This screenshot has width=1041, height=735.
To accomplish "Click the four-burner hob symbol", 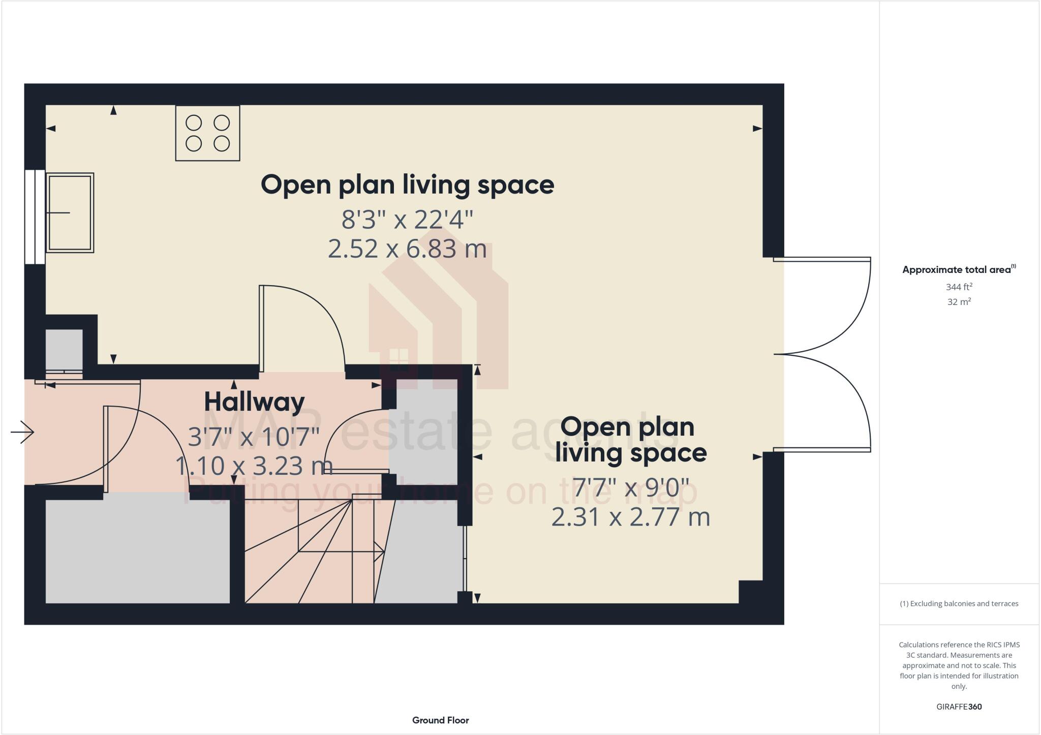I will pyautogui.click(x=207, y=133).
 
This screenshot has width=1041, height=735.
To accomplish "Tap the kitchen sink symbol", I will pyautogui.click(x=70, y=212).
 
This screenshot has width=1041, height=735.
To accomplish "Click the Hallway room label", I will pyautogui.click(x=254, y=402).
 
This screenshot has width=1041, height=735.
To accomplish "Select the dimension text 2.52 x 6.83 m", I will pyautogui.click(x=407, y=249).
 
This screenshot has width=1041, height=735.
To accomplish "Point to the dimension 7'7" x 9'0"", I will pyautogui.click(x=631, y=487).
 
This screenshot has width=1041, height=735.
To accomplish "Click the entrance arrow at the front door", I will pyautogui.click(x=22, y=432).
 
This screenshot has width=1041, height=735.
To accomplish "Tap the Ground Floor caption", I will pyautogui.click(x=440, y=720).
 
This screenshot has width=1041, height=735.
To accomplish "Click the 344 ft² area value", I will pyautogui.click(x=959, y=287).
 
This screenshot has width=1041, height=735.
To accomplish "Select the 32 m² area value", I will pyautogui.click(x=959, y=301).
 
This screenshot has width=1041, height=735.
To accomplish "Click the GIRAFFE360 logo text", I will pyautogui.click(x=959, y=707).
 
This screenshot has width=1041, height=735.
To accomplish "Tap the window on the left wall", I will pyautogui.click(x=35, y=217).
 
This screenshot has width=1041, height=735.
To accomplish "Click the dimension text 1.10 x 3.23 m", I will pyautogui.click(x=254, y=466).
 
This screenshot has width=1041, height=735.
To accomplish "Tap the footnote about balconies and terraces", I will pyautogui.click(x=959, y=603).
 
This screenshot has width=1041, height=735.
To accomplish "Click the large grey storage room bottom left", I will pyautogui.click(x=137, y=552).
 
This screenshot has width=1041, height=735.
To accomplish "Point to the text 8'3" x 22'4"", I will pyautogui.click(x=407, y=220).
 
